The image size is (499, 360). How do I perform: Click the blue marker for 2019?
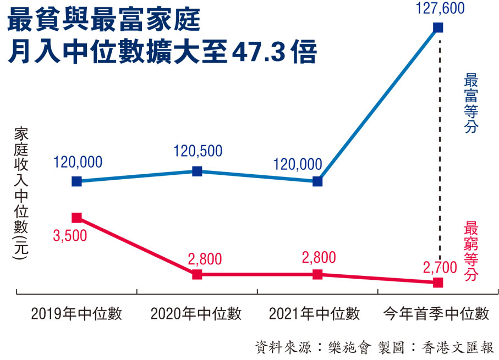77,181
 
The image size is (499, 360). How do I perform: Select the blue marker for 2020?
197,171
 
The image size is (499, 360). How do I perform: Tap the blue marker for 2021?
317,181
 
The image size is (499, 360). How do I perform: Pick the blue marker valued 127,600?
438,27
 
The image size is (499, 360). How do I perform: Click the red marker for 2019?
77,218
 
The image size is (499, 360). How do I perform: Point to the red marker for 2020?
197,274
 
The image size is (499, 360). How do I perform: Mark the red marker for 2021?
317,274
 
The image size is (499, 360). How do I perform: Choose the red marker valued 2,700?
438,283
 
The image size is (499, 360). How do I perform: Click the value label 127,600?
438,8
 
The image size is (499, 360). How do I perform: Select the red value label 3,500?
70,236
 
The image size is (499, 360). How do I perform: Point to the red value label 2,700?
440,268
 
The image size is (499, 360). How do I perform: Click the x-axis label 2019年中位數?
76,314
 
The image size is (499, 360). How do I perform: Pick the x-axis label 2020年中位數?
196,314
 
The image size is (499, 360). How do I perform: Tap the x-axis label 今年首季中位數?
435,314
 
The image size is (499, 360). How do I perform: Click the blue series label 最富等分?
471,103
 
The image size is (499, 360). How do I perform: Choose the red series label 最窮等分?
471,251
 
